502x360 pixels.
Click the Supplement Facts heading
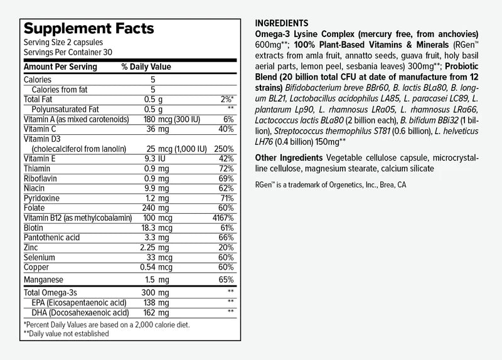click(88, 29)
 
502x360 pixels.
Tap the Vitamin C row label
click(40, 129)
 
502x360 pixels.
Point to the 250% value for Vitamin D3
click(223, 149)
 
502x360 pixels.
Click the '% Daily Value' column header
click(146, 67)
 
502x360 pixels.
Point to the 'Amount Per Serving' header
click(60, 67)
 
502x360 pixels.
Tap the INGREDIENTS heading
click(282, 23)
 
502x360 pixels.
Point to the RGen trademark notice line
click(331, 185)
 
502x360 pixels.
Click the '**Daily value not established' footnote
click(66, 334)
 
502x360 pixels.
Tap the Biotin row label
click(33, 227)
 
